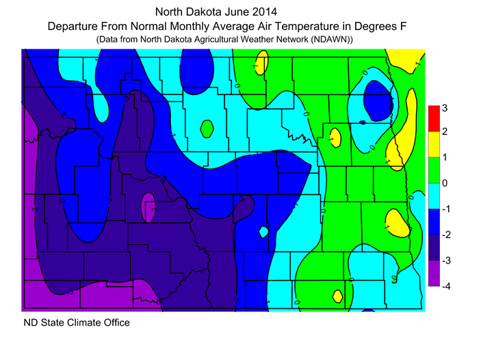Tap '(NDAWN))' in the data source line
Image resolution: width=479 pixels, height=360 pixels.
point(331,40)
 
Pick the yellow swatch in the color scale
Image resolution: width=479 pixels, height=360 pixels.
point(433,144)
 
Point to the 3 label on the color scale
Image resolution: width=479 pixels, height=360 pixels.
point(445,107)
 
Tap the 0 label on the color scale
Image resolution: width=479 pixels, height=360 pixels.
point(445,183)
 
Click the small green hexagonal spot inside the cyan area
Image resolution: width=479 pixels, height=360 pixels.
point(207,127)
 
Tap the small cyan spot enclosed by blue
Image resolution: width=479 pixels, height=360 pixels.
point(263,232)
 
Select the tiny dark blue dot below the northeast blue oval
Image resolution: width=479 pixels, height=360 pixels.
point(362,123)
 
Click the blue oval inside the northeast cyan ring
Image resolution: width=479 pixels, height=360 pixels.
point(376,97)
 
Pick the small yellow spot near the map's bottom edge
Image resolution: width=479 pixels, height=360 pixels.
point(337,296)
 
